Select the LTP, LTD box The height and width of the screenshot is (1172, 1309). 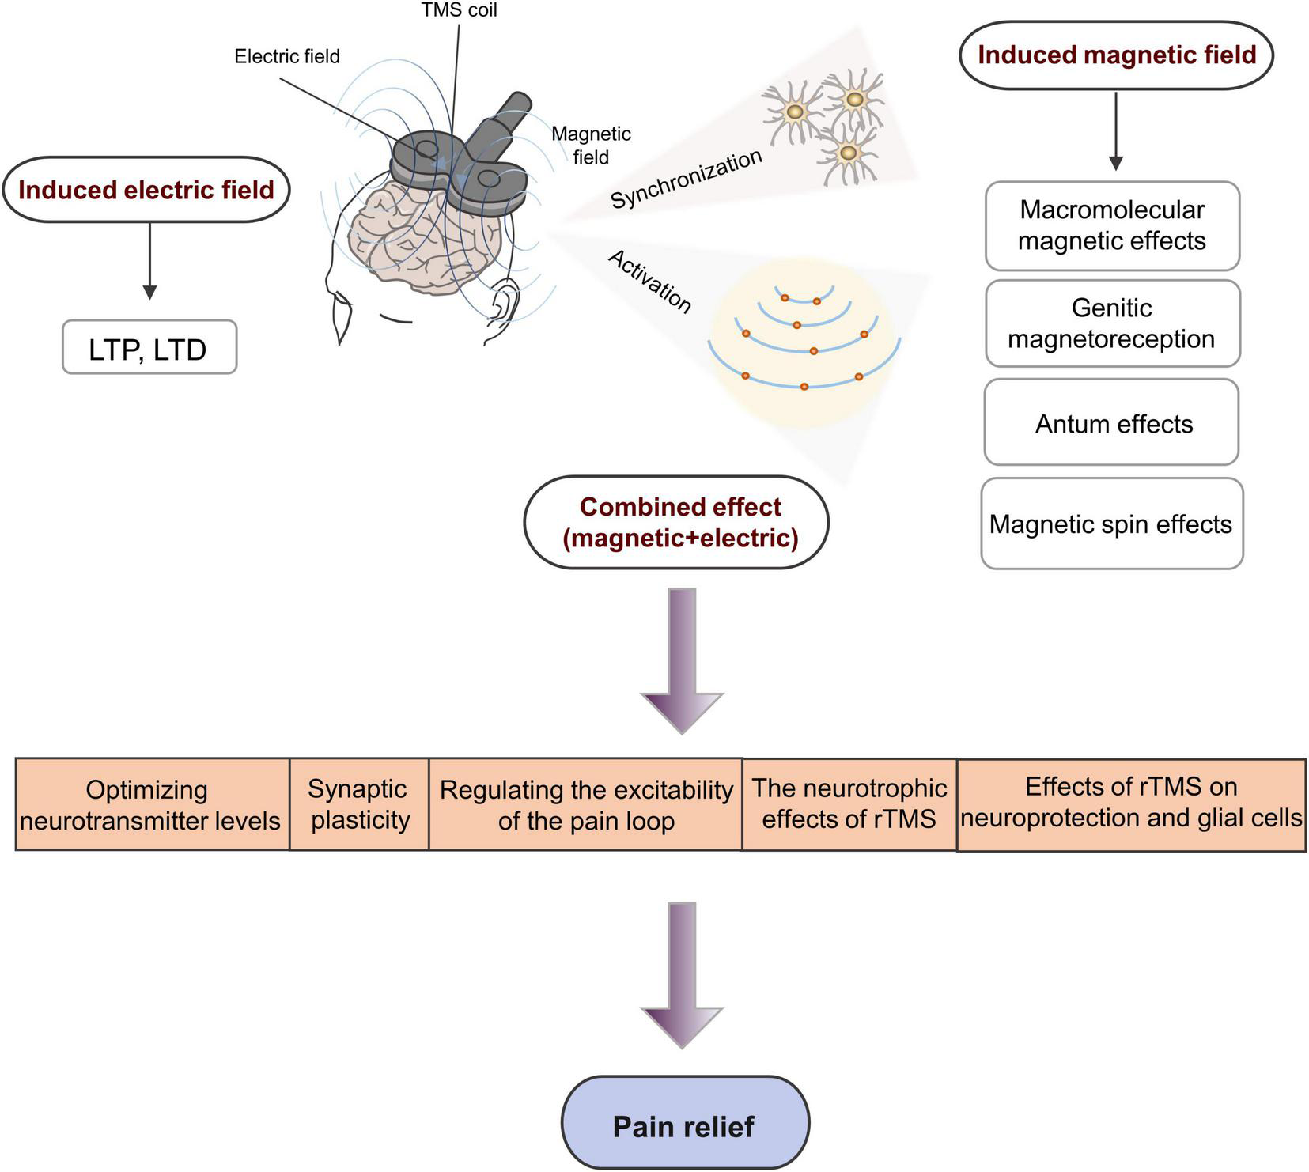click(149, 348)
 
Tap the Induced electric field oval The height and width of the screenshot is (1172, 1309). click(146, 190)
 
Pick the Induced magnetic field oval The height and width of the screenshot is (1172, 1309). click(1116, 55)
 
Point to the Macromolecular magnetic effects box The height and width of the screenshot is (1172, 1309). click(1111, 225)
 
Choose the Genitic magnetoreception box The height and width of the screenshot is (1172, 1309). click(1111, 323)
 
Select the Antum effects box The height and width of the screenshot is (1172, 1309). click(1111, 423)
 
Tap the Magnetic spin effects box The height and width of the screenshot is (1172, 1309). click(1111, 524)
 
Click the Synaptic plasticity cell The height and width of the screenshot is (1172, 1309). click(359, 804)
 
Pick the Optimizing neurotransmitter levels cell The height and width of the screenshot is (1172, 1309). click(151, 804)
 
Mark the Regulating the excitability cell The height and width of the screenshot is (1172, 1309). click(585, 804)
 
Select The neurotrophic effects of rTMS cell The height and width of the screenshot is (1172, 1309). click(849, 804)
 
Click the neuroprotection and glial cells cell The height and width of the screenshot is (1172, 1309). click(1131, 804)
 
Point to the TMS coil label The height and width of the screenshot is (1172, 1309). click(459, 11)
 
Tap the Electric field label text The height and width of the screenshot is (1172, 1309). click(286, 56)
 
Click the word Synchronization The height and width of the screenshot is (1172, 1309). click(687, 179)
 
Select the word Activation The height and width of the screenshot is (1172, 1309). click(649, 282)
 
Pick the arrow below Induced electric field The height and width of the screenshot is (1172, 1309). click(149, 260)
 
